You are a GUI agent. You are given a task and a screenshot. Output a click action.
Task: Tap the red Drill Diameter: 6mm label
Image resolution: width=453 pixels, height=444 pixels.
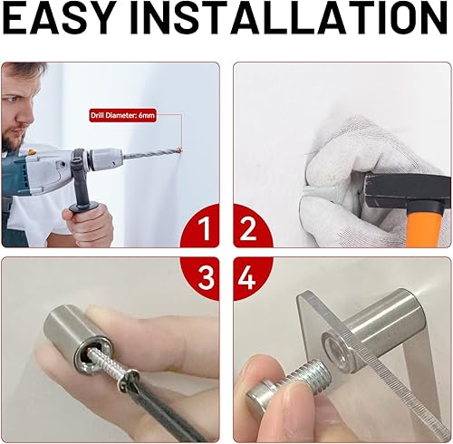[x=123, y=115]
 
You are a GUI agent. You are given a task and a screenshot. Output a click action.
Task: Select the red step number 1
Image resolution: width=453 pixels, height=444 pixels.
[x=205, y=229]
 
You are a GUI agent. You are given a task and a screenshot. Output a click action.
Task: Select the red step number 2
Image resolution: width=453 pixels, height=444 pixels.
[x=247, y=229]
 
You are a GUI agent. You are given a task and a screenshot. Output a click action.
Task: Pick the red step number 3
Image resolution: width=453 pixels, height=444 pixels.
[x=207, y=278]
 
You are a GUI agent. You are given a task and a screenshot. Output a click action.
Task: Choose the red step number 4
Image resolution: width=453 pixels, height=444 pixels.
[x=246, y=278]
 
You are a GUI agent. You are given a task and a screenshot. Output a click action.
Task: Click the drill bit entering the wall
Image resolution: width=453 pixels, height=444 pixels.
[x=152, y=154]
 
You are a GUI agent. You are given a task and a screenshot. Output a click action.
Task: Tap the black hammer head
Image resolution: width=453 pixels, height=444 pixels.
[x=406, y=189]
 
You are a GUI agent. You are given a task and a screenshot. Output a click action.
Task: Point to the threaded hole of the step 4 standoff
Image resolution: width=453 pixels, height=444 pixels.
[x=337, y=346]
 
